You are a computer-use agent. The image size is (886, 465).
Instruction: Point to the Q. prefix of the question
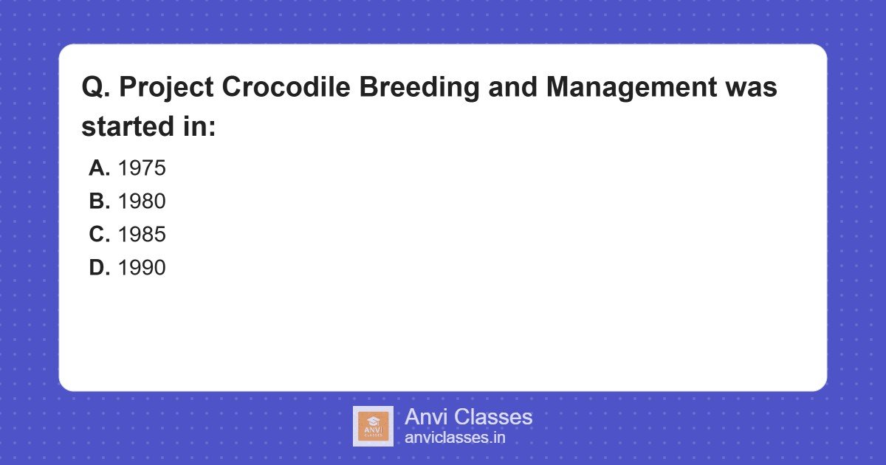pos(96,88)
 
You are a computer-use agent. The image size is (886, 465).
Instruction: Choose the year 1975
pos(142,168)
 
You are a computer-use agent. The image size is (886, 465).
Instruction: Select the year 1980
pos(142,201)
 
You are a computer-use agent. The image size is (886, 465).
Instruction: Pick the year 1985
pos(142,235)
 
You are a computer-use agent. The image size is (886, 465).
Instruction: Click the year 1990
pos(142,268)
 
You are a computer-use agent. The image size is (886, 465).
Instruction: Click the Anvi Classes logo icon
pos(373,426)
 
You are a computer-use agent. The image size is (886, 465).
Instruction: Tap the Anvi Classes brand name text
pos(468,417)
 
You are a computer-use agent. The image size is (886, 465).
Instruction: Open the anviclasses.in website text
pos(455,438)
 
